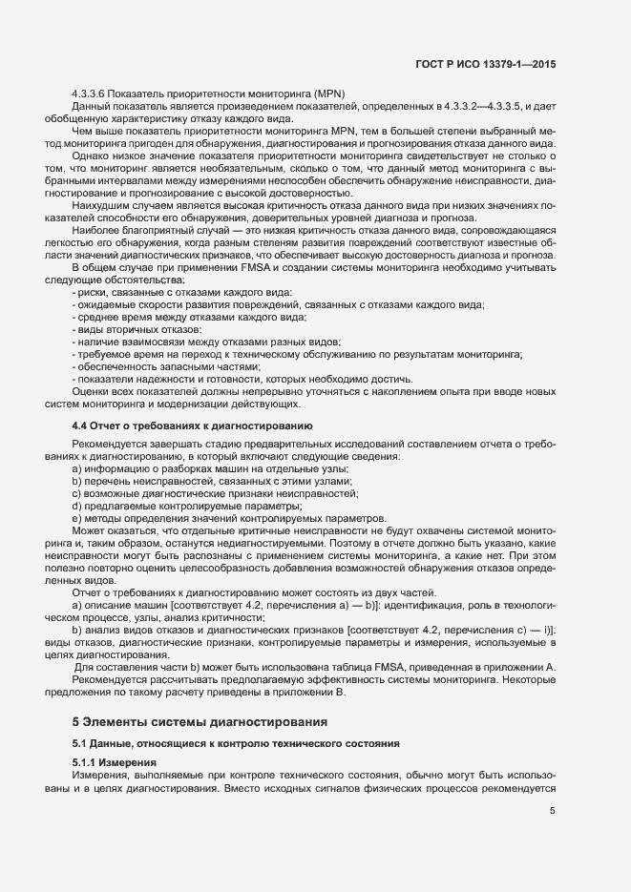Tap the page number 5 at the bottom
553,811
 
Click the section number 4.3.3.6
94,93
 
